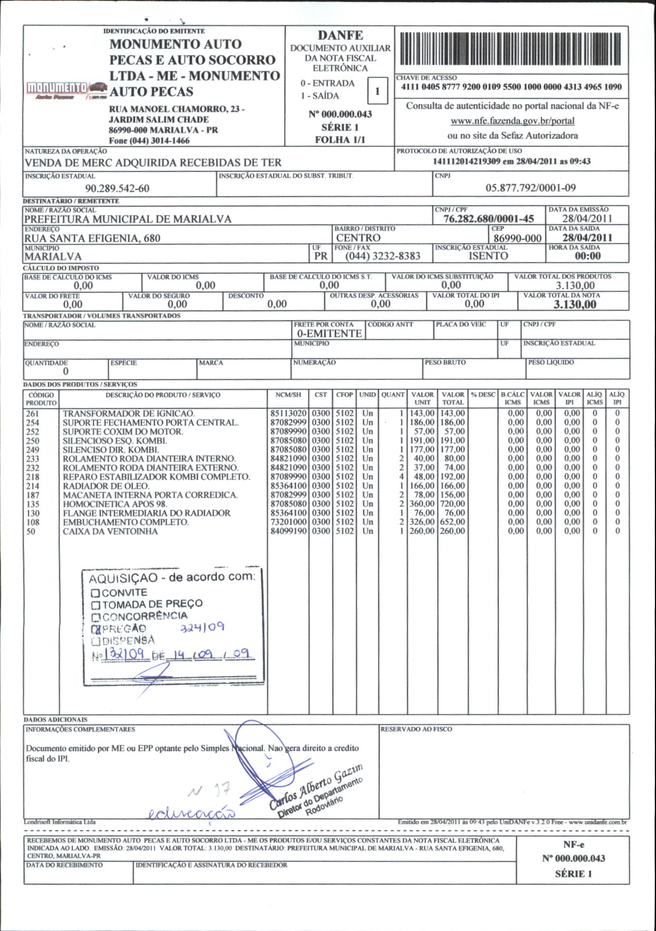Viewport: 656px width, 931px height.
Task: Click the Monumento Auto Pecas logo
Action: (x=66, y=90)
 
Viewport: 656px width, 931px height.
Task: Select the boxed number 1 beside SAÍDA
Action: (x=377, y=91)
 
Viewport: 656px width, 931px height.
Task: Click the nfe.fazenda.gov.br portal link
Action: (x=512, y=121)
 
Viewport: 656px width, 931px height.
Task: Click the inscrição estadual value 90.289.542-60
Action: (x=117, y=188)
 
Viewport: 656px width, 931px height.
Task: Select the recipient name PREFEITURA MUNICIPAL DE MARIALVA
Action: (x=128, y=219)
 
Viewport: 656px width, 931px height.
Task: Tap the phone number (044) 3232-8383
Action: (x=383, y=256)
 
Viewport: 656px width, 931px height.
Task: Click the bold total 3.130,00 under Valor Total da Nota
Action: (x=575, y=304)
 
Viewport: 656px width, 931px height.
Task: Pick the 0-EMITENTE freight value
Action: (x=329, y=333)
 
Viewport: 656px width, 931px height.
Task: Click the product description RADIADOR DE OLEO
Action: (x=106, y=486)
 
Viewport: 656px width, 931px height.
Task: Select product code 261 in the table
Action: (x=33, y=414)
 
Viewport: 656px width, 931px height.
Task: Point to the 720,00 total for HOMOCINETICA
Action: (x=452, y=504)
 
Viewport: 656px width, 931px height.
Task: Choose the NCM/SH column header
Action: (x=288, y=395)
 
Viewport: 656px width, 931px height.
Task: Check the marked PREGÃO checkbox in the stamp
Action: (x=95, y=629)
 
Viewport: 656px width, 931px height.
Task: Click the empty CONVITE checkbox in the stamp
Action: (x=95, y=593)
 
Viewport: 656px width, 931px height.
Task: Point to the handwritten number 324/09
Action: (x=202, y=627)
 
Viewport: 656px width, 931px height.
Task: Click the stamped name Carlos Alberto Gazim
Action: (x=316, y=785)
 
